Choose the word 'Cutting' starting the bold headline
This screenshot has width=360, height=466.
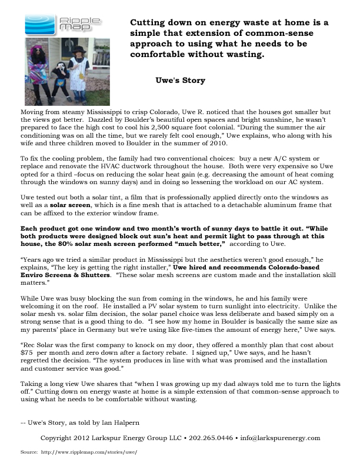[148, 22]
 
